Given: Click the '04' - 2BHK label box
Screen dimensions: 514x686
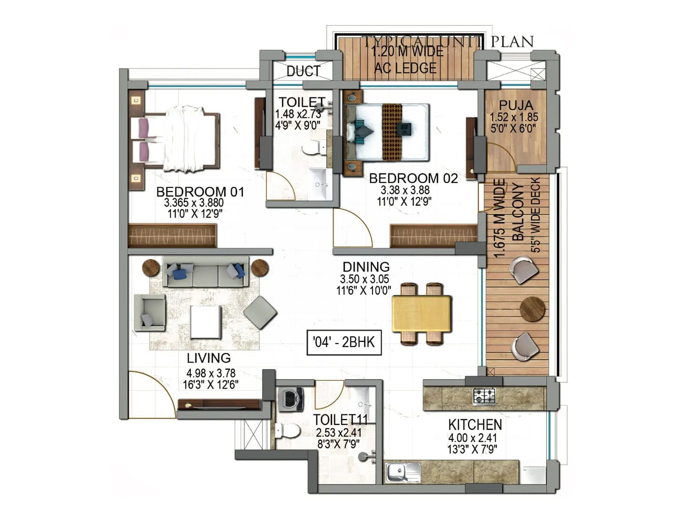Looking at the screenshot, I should tap(344, 342).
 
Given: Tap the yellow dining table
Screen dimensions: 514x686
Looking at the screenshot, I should tap(421, 313).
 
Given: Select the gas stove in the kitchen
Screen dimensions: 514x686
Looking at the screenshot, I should tap(484, 396).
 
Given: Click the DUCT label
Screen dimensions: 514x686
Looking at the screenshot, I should tap(304, 71).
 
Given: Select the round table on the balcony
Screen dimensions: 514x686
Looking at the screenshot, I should tap(532, 309).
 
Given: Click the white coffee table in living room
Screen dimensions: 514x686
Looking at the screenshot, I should tap(206, 322).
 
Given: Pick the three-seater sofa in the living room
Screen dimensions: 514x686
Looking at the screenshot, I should tap(205, 272).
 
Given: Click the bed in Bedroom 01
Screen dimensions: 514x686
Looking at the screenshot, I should tap(180, 139).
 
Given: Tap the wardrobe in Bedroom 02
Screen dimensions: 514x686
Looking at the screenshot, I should tap(433, 236).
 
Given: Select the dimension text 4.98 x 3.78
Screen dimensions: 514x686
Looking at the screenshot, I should tap(211, 373).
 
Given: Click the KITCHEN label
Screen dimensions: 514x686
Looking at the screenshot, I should tap(475, 425).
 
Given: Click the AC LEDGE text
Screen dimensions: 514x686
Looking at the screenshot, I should tap(405, 68).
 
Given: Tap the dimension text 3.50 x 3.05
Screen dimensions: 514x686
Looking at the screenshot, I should tap(364, 279).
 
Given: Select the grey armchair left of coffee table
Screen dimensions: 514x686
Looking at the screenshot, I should tap(149, 312).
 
